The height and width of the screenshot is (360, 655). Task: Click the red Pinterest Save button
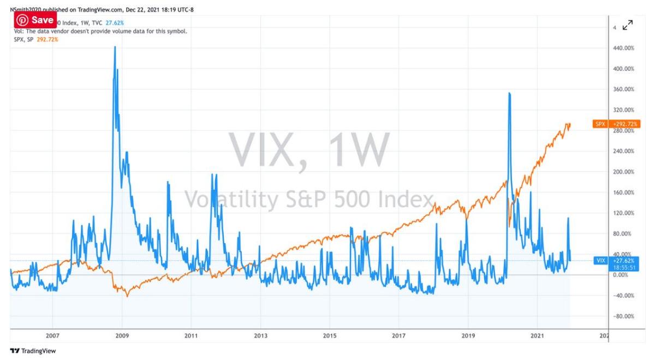[x=35, y=20]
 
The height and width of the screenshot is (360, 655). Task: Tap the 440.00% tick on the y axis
[x=624, y=49]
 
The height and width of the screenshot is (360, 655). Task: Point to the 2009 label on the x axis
[x=122, y=337]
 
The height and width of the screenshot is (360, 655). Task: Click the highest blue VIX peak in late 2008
[x=115, y=47]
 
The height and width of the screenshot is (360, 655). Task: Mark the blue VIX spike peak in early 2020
[x=509, y=93]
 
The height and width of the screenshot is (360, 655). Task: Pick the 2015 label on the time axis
[x=329, y=337]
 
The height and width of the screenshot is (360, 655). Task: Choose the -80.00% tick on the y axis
[x=624, y=316]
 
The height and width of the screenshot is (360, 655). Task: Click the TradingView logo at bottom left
[x=33, y=351]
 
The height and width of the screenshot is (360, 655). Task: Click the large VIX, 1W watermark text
[x=308, y=150]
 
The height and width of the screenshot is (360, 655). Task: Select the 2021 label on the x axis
[x=538, y=337]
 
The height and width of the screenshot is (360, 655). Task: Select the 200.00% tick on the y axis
[x=624, y=172]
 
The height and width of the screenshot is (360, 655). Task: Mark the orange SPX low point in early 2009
[x=127, y=296]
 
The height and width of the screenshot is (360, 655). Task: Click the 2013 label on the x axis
[x=260, y=337]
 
